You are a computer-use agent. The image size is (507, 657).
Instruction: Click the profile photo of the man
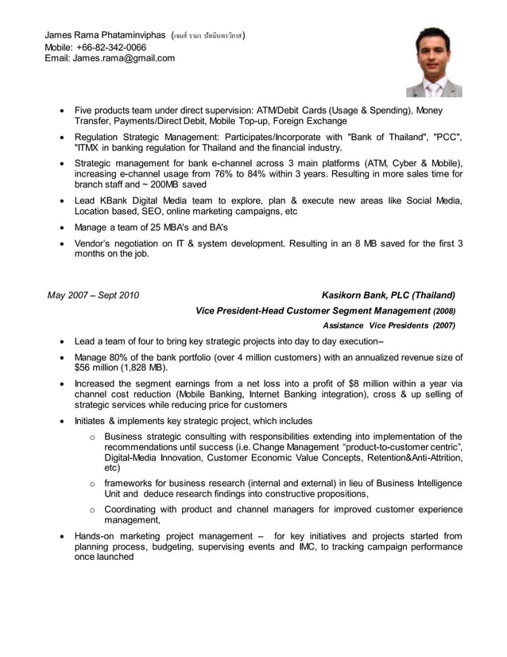[x=434, y=61]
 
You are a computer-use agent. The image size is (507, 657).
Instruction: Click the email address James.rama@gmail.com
[x=124, y=58]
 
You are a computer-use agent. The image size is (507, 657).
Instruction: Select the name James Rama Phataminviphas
[x=106, y=36]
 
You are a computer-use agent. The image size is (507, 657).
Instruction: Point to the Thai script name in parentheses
[x=208, y=36]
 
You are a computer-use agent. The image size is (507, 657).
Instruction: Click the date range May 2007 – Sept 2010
[x=93, y=296]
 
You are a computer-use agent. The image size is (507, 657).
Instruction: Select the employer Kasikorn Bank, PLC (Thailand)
[x=388, y=296]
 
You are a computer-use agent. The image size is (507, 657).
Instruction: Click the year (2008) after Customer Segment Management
[x=443, y=311]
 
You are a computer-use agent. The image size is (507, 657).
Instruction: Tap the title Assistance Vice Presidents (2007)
[x=389, y=325]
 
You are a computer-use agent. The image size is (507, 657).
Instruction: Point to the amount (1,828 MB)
[x=144, y=368]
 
